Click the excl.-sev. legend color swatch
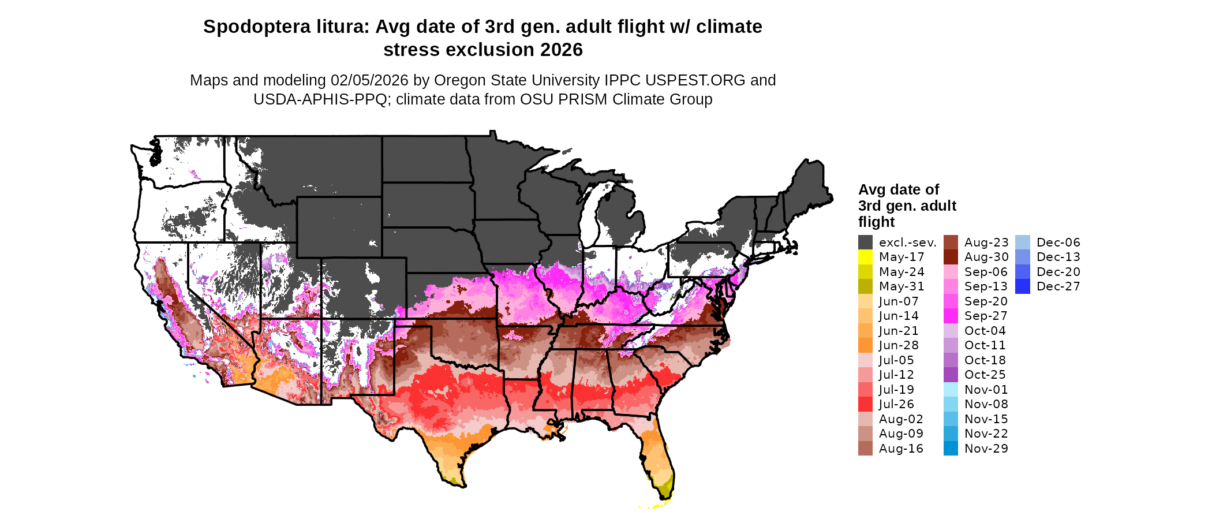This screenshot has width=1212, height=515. pyautogui.click(x=865, y=242)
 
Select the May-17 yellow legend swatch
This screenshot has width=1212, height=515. pyautogui.click(x=865, y=257)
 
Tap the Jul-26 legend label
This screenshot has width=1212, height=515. pyautogui.click(x=896, y=404)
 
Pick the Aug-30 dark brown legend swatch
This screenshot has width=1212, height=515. pyautogui.click(x=951, y=257)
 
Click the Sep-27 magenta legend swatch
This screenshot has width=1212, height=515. pyautogui.click(x=951, y=316)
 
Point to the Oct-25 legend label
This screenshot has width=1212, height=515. pyautogui.click(x=985, y=375)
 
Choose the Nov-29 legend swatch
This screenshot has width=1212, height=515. pyautogui.click(x=951, y=449)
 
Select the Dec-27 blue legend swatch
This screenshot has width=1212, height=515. pyautogui.click(x=1022, y=286)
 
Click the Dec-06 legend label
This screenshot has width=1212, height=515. pyautogui.click(x=1058, y=242)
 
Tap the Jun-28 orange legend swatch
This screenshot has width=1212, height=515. pyautogui.click(x=865, y=345)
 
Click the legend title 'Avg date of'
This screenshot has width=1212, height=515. pyautogui.click(x=898, y=190)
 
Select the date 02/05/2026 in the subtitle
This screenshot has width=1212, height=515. pyautogui.click(x=369, y=80)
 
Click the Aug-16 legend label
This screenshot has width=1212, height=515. pyautogui.click(x=901, y=449)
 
